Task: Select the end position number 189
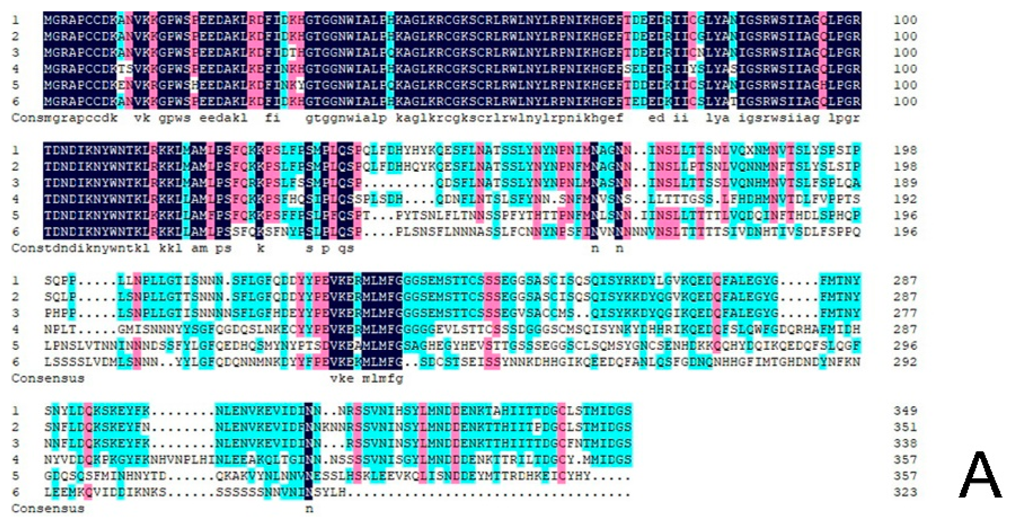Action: pyautogui.click(x=905, y=183)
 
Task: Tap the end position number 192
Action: pyautogui.click(x=905, y=199)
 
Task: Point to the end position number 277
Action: pyautogui.click(x=905, y=313)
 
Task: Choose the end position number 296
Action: pyautogui.click(x=905, y=346)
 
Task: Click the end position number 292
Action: pyautogui.click(x=905, y=362)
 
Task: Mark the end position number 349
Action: pyautogui.click(x=905, y=411)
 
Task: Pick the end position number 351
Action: pyautogui.click(x=905, y=427)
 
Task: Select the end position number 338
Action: pyautogui.click(x=905, y=443)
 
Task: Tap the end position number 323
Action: pyautogui.click(x=905, y=493)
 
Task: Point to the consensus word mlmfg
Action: pyautogui.click(x=382, y=379)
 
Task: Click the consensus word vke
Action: pyautogui.click(x=342, y=379)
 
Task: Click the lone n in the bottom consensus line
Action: pyautogui.click(x=309, y=509)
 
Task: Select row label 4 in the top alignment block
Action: pyautogui.click(x=15, y=69)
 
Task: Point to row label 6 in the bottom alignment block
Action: pyautogui.click(x=15, y=493)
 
